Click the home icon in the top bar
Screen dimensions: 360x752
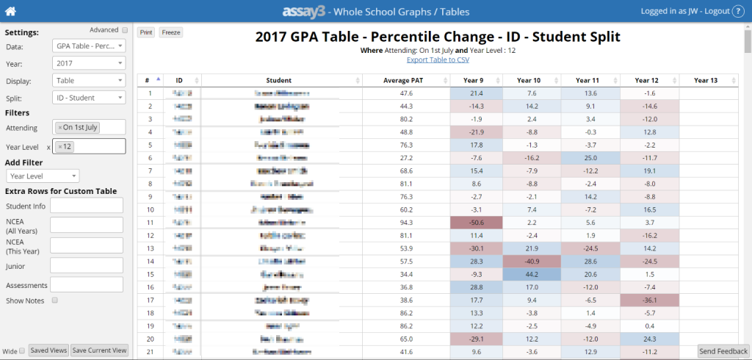click(11, 11)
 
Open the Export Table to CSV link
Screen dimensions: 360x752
click(438, 60)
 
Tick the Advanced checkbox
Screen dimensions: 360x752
click(125, 30)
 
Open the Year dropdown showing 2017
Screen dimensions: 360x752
click(89, 64)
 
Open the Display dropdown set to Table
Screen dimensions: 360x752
click(89, 80)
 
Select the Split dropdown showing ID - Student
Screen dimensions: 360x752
click(89, 97)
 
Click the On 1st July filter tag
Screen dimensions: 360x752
click(79, 127)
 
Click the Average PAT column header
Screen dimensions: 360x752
click(405, 80)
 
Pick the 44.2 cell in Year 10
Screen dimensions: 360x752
click(532, 273)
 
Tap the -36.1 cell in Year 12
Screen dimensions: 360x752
click(648, 299)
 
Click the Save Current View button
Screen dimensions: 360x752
click(100, 350)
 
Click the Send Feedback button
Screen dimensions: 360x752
click(722, 352)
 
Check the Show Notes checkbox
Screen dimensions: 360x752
click(55, 300)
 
